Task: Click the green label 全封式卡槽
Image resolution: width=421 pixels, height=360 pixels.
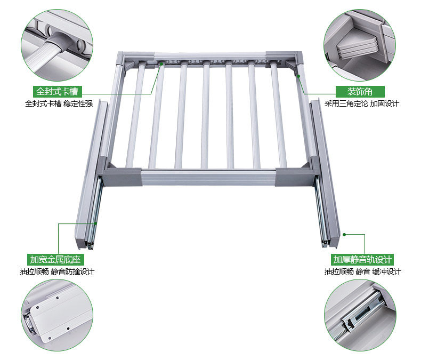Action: click(x=57, y=92)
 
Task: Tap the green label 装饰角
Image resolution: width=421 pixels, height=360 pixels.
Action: click(x=360, y=92)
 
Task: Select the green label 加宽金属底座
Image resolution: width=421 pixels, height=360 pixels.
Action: click(x=55, y=260)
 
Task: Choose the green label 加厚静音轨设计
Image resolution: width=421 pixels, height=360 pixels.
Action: click(x=362, y=260)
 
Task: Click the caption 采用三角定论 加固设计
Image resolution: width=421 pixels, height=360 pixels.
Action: click(x=361, y=103)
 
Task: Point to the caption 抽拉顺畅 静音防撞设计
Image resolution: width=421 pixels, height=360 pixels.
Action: click(x=57, y=271)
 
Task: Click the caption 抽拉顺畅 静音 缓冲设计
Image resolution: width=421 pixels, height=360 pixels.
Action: click(x=362, y=271)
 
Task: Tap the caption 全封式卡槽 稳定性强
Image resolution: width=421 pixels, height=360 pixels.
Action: click(x=59, y=103)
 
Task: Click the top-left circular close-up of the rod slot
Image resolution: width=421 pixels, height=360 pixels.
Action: click(x=57, y=45)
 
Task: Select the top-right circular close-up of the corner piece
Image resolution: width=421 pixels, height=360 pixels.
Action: click(x=360, y=45)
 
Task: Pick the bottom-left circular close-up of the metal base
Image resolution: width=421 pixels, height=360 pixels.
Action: click(x=57, y=315)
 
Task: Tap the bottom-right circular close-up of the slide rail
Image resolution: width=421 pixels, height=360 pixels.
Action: click(x=360, y=315)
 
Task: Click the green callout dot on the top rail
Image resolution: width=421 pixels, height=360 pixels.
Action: click(x=161, y=63)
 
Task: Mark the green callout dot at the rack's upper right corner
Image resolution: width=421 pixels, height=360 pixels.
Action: click(x=298, y=76)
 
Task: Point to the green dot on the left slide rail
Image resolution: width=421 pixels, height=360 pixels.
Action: click(x=95, y=223)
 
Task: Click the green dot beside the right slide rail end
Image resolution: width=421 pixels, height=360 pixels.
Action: click(x=344, y=235)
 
